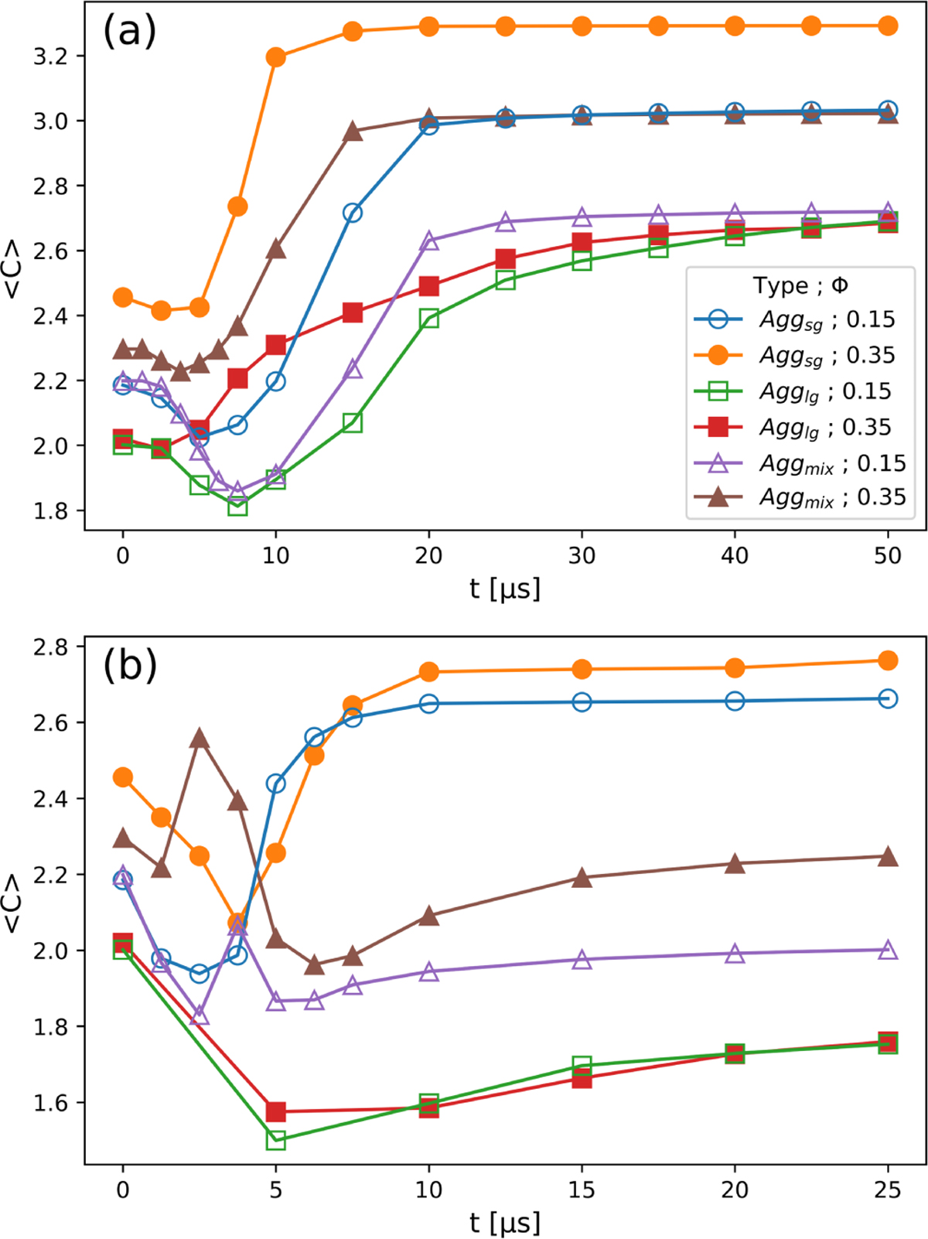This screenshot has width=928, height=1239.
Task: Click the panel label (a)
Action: (129, 31)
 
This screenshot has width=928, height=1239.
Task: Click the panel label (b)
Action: (129, 665)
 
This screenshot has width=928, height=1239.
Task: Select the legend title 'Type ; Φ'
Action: (800, 286)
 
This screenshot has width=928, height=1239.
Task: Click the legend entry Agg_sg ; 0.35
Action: (827, 355)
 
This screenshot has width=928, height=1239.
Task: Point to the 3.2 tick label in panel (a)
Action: (50, 56)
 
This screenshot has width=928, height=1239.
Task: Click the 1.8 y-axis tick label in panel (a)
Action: (50, 510)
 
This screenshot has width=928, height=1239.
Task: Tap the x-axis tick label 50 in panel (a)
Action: (888, 555)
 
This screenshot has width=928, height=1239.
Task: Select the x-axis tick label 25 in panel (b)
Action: (888, 1189)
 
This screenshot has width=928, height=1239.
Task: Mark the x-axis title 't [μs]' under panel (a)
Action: (505, 589)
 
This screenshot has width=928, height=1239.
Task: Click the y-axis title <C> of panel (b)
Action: (13, 903)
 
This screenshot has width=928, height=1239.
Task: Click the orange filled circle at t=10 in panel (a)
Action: (276, 57)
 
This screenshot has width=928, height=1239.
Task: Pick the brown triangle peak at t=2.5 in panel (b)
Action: (200, 739)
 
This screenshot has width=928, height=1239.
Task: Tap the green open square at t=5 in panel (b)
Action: (276, 1140)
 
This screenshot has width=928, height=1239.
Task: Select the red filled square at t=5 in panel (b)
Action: (276, 1112)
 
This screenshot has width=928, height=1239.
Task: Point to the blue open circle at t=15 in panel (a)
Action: (353, 213)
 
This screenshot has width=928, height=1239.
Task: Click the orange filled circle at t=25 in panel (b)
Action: (888, 660)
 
